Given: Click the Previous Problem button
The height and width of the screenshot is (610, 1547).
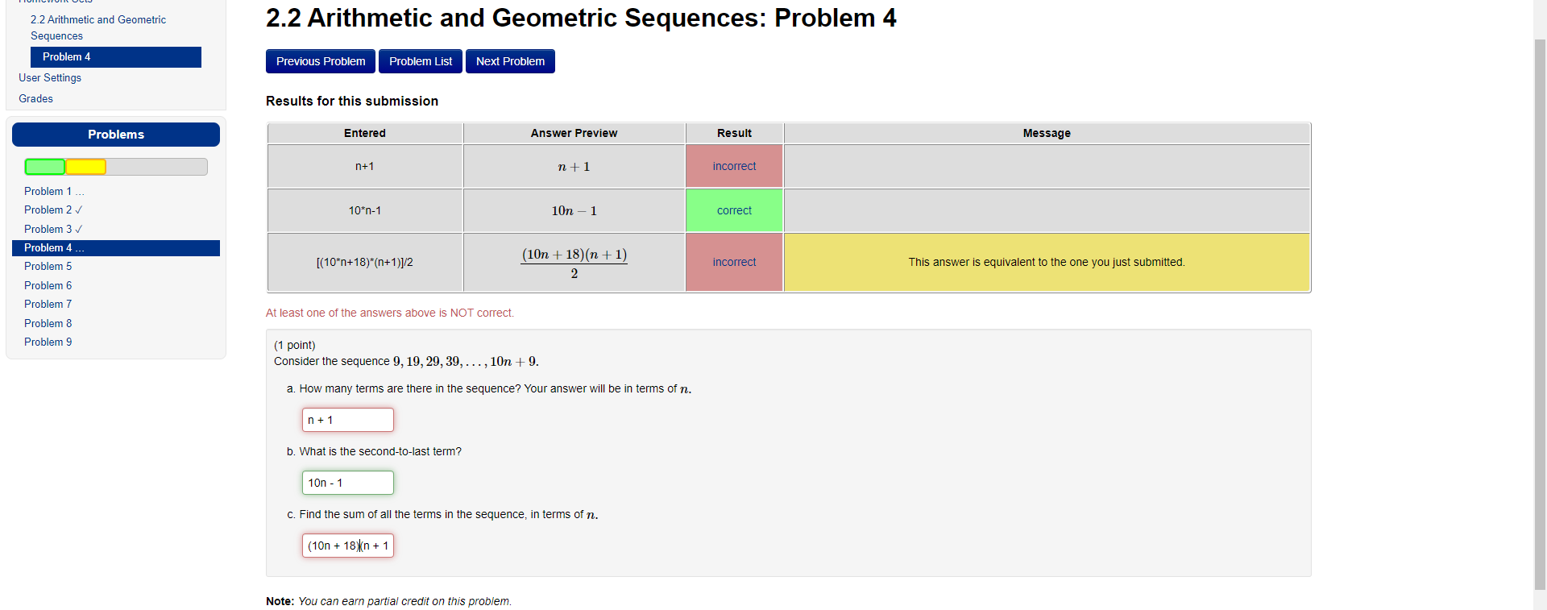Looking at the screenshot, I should [x=320, y=61].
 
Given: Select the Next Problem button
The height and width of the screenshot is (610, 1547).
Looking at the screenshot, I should [x=510, y=61].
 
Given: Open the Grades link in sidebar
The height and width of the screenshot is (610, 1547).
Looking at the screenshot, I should [x=36, y=98].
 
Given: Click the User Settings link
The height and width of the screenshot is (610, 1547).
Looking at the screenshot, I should [x=50, y=77].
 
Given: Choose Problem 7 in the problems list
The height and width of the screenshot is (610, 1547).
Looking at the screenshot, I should [x=48, y=304].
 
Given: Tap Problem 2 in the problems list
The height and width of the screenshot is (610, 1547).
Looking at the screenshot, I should [x=48, y=210].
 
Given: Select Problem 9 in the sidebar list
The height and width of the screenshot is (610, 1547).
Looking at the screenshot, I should [x=48, y=342].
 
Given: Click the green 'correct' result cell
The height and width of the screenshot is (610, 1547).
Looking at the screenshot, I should [x=734, y=210].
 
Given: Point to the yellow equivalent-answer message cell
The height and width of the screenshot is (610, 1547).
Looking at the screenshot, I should [x=1046, y=262].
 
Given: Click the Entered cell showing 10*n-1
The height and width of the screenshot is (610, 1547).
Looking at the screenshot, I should [x=364, y=210].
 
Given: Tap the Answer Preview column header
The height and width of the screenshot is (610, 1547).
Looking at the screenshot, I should [x=574, y=133].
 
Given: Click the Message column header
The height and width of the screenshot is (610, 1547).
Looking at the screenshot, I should [x=1046, y=133].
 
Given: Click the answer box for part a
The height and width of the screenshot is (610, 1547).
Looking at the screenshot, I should [x=347, y=420].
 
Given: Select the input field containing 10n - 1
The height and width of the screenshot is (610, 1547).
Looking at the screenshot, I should [x=347, y=483].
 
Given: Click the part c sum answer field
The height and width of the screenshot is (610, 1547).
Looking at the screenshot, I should [x=347, y=546].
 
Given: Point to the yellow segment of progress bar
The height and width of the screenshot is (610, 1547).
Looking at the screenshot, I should [x=85, y=167].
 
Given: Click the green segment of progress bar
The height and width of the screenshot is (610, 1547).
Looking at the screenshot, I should [x=45, y=167].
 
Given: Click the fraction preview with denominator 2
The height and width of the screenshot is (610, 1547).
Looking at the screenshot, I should [x=574, y=263].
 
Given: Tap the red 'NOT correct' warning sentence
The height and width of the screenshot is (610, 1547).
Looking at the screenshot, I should [x=389, y=313].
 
